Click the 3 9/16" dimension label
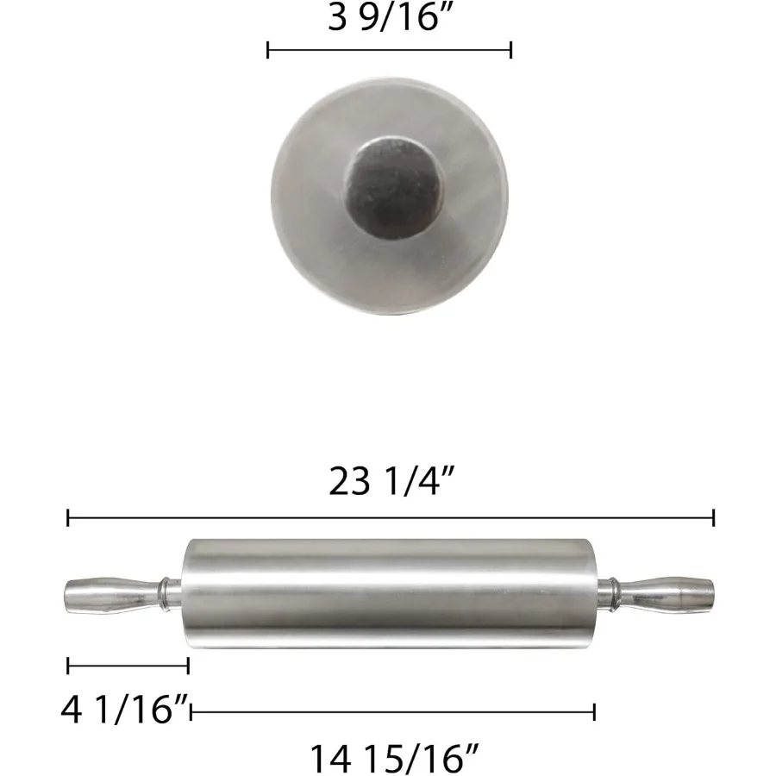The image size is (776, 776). point(391,17)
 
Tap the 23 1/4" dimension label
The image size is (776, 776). point(391,481)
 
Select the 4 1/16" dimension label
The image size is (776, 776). point(125,710)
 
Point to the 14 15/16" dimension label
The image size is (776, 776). point(394,759)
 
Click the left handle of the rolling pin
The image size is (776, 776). point(113,596)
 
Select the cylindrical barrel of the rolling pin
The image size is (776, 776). point(391,594)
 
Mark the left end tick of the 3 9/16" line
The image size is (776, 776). point(268,50)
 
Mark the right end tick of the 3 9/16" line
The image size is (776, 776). point(510,50)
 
